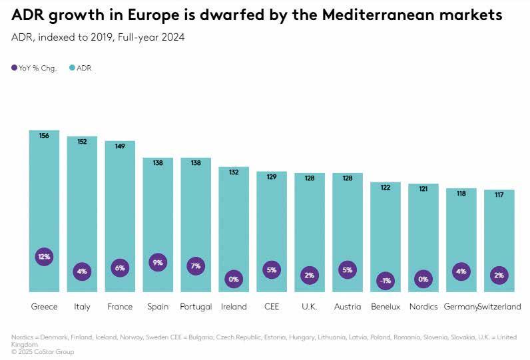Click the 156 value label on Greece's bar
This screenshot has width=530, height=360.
tap(44, 136)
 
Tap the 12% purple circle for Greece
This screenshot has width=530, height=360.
tap(44, 257)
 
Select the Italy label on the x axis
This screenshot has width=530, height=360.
tap(82, 307)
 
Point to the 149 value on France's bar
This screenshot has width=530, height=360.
tap(120, 146)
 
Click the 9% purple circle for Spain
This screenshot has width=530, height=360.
tap(158, 263)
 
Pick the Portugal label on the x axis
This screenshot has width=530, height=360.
tap(196, 307)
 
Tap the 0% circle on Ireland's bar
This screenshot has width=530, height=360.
tap(234, 279)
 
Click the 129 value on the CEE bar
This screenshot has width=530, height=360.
tap(272, 177)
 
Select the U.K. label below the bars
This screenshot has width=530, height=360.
tap(310, 307)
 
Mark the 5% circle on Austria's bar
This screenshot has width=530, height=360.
tap(348, 270)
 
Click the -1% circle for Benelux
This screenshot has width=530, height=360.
tap(386, 281)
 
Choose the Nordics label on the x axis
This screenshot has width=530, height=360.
tap(423, 307)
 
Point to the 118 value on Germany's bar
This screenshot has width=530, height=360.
tap(461, 194)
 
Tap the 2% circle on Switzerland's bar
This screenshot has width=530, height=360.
tap(499, 275)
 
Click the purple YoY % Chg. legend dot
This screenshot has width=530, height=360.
tap(15, 68)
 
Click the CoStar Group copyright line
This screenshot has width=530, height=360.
tap(43, 352)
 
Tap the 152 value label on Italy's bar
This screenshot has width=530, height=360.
tap(82, 141)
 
